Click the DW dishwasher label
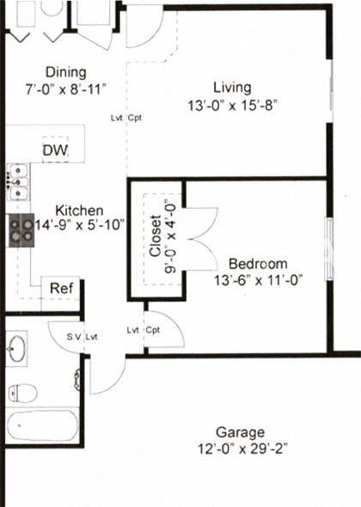(56, 150)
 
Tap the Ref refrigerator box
(61, 289)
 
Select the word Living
(233, 87)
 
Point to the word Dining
(66, 72)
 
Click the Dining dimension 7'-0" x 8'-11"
(66, 88)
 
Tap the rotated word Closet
(156, 236)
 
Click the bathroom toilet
(21, 394)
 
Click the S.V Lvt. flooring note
(83, 337)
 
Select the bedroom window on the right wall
(327, 249)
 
